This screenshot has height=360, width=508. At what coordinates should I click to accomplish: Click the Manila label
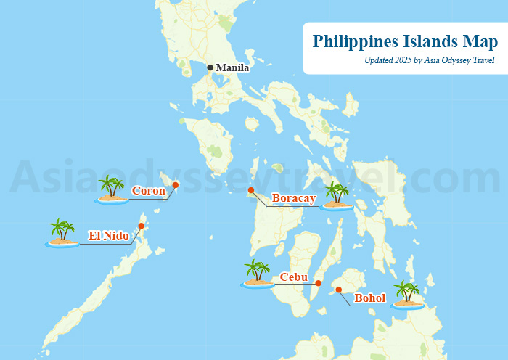click(233, 68)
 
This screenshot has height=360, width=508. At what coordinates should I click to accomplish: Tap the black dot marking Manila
click(210, 67)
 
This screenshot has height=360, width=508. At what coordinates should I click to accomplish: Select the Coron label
click(149, 191)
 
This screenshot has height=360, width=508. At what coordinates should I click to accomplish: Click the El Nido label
click(109, 235)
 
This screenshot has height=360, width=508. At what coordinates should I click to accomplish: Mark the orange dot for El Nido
click(141, 226)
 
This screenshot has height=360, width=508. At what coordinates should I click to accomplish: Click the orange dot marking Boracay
click(251, 190)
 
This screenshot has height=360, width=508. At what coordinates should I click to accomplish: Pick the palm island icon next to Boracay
click(337, 196)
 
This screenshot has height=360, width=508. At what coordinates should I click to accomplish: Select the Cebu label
click(294, 277)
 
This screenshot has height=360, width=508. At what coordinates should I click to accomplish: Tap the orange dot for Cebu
click(318, 282)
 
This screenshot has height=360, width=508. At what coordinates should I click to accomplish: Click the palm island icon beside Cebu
click(257, 274)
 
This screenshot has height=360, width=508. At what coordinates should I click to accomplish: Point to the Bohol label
click(369, 298)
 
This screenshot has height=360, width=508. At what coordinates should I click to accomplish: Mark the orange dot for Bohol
click(339, 290)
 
